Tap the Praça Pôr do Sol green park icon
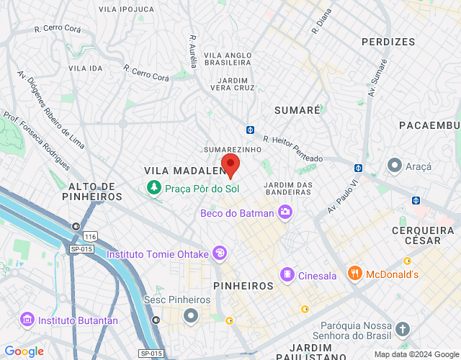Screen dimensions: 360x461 click(x=153, y=189)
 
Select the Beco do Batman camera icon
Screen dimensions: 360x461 click(x=285, y=212)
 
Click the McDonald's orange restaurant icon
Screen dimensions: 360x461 click(x=354, y=274)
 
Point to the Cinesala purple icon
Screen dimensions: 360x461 click(x=287, y=274)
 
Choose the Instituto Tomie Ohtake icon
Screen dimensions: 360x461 click(x=219, y=253)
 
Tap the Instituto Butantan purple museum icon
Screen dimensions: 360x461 click(x=27, y=318)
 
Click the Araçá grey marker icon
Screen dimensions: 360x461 click(x=394, y=166)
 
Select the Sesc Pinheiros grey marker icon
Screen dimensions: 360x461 click(x=191, y=315)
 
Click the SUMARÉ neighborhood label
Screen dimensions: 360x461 click(x=297, y=109)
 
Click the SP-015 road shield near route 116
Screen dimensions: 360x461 click(x=81, y=249)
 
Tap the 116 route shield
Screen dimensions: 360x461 click(x=90, y=236)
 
